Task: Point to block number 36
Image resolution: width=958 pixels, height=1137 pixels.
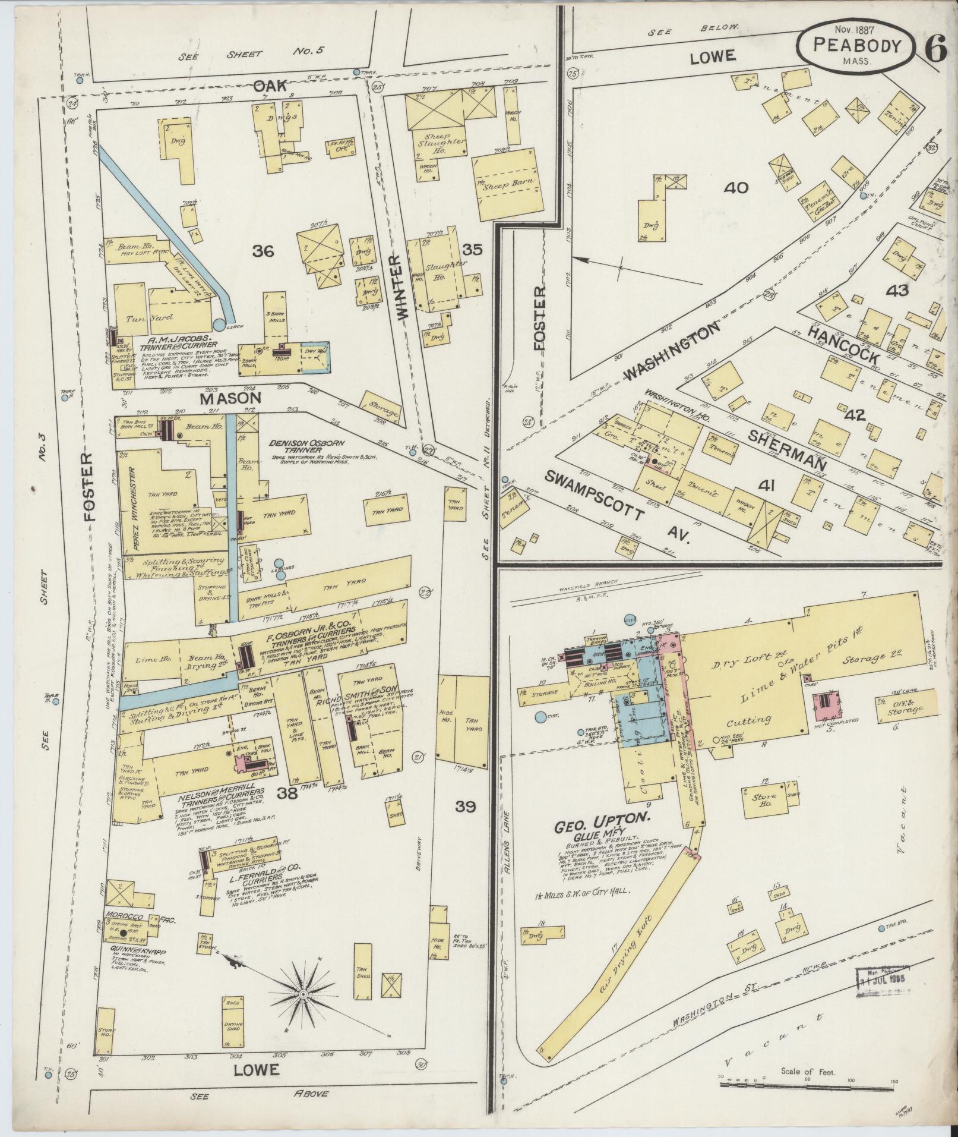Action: point(263,252)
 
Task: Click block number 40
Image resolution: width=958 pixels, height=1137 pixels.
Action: point(736,188)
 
